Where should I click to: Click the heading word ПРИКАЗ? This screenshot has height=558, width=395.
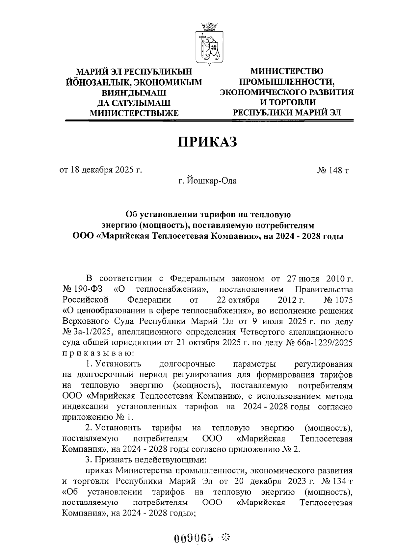[x=207, y=142]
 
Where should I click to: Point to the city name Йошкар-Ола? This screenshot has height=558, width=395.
[x=207, y=181]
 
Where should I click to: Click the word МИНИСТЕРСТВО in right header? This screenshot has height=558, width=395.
[x=286, y=71]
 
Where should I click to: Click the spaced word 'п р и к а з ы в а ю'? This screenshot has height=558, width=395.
[x=97, y=353]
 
